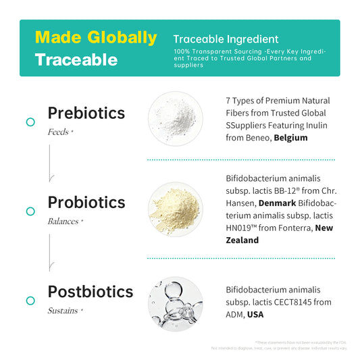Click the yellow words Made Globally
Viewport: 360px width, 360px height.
click(x=95, y=37)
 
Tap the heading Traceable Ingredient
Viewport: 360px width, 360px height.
click(x=226, y=39)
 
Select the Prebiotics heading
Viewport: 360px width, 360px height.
click(x=86, y=113)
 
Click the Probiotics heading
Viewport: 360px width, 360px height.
click(x=86, y=202)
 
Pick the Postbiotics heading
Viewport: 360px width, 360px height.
click(x=91, y=292)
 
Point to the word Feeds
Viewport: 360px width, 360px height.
click(x=59, y=132)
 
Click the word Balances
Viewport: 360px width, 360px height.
click(x=63, y=221)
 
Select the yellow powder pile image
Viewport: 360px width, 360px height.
click(x=175, y=209)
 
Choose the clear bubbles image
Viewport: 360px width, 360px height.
click(x=175, y=299)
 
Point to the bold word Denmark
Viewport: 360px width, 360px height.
click(x=276, y=203)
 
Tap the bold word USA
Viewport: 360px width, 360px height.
click(x=256, y=314)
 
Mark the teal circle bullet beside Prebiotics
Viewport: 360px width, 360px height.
click(x=30, y=122)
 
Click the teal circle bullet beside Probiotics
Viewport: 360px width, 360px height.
click(x=30, y=211)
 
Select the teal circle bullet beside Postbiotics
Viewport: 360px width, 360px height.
click(x=30, y=301)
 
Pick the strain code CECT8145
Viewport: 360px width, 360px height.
click(x=292, y=302)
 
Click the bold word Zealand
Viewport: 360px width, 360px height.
click(x=242, y=240)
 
